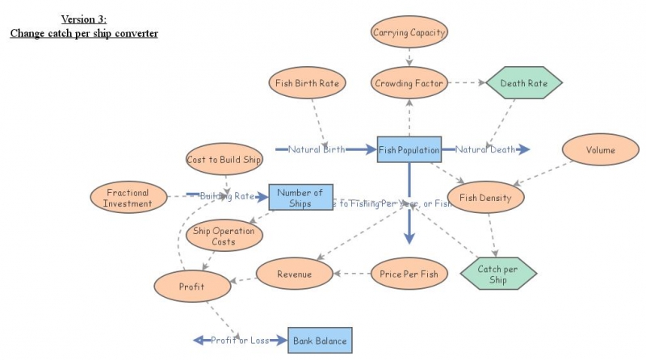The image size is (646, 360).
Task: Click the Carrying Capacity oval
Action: click(409, 33)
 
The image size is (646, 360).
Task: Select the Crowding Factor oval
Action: click(409, 82)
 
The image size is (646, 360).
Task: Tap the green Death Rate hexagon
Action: click(524, 82)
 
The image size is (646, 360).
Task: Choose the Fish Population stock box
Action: click(409, 150)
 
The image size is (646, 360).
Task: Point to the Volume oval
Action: click(600, 150)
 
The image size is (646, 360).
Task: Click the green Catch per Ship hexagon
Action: click(498, 274)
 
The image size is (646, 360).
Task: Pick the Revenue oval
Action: click(294, 274)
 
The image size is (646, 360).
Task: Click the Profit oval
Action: click(191, 286)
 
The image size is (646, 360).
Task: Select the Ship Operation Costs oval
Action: click(224, 236)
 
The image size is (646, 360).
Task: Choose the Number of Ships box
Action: click(300, 197)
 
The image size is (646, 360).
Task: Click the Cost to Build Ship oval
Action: click(224, 159)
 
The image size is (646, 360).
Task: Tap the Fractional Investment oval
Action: click(128, 198)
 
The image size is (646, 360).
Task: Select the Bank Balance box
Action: click(320, 341)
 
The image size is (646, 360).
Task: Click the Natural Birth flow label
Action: click(317, 149)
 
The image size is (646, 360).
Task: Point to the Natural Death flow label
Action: click(485, 149)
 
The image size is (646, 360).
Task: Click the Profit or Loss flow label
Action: click(240, 341)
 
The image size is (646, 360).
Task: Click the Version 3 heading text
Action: click(83, 19)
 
